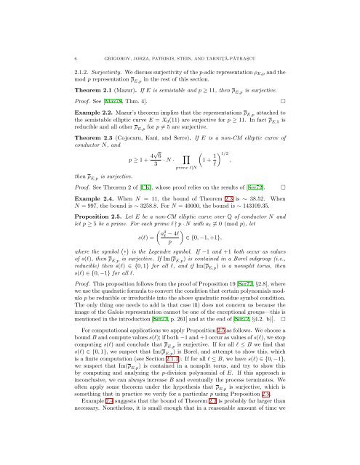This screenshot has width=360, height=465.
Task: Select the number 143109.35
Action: coord(299,216)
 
